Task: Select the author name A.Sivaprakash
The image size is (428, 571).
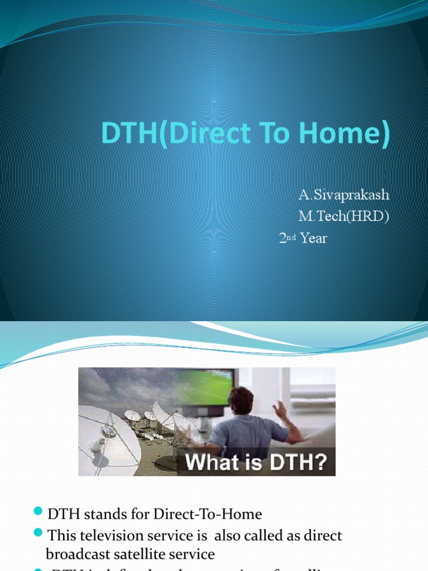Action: click(343, 195)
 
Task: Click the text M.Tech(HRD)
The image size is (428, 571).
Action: click(342, 217)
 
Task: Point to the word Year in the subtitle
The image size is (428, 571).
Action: click(314, 239)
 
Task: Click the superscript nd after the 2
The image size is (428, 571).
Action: click(291, 237)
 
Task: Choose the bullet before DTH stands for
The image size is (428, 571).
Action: click(38, 512)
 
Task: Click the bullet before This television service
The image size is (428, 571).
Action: click(38, 535)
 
